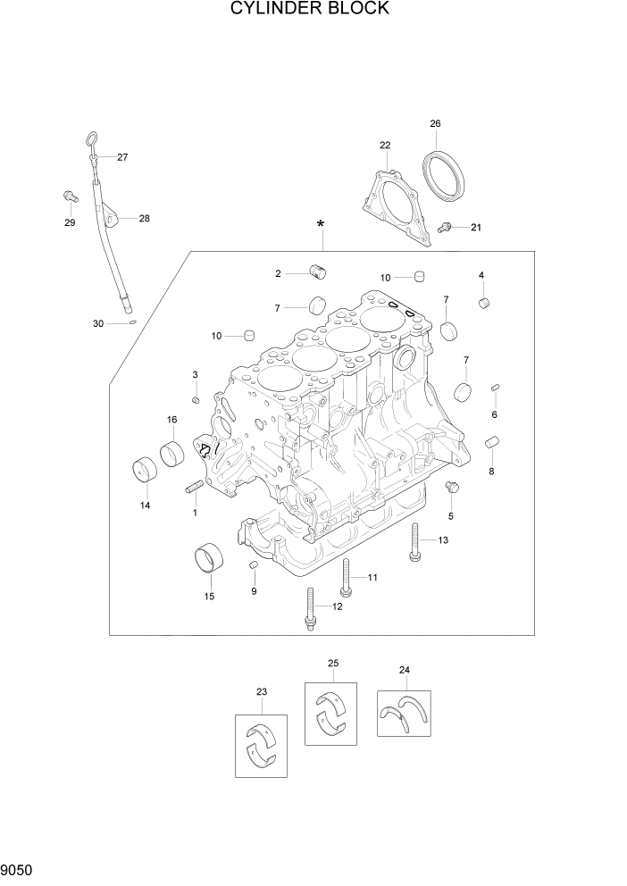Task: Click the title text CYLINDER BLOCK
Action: [x=310, y=10]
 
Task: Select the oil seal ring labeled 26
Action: [x=444, y=177]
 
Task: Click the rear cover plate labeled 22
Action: [x=393, y=202]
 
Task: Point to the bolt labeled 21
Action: [x=446, y=228]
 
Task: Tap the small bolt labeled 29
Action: [x=69, y=196]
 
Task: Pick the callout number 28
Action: [x=144, y=218]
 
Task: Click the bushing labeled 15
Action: [x=209, y=560]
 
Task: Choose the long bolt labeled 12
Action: [x=310, y=610]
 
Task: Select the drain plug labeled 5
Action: [x=451, y=488]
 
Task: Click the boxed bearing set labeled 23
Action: [x=262, y=744]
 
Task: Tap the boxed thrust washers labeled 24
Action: [x=403, y=713]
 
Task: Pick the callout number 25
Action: [x=333, y=663]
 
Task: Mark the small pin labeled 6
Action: [x=495, y=388]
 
